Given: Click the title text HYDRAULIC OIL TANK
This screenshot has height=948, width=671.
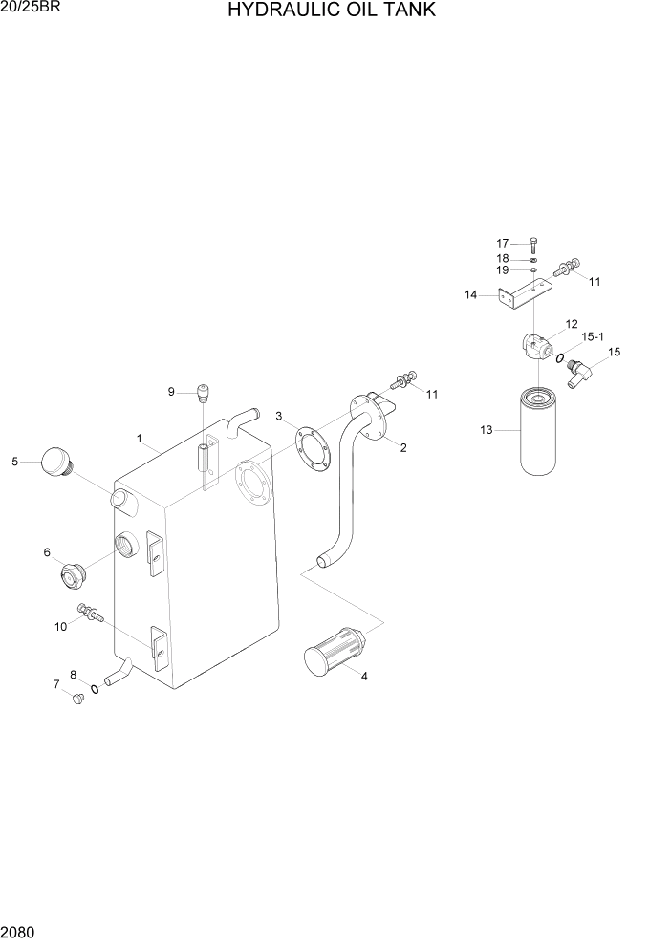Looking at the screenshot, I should tap(332, 11).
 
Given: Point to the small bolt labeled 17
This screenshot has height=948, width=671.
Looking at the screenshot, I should tap(532, 247).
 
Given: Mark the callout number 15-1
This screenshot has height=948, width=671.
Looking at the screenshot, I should tap(593, 336).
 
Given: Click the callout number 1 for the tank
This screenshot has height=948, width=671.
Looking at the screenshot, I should tap(140, 439).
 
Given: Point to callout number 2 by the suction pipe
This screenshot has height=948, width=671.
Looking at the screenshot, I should tap(403, 447).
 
